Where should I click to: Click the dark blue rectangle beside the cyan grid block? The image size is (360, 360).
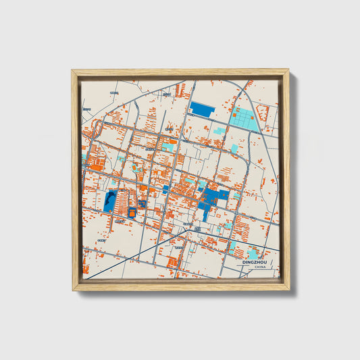202,109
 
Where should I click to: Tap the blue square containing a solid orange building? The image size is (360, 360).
132,213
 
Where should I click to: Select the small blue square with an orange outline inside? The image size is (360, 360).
143,203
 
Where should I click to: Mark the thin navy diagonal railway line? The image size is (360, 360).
128,257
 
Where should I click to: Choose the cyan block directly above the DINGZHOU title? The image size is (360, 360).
233,247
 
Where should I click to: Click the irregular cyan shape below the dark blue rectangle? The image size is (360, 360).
219,130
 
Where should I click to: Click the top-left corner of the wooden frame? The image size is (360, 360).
72,70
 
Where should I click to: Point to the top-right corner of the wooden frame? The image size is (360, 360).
288,70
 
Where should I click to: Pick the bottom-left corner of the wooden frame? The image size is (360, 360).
72,290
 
